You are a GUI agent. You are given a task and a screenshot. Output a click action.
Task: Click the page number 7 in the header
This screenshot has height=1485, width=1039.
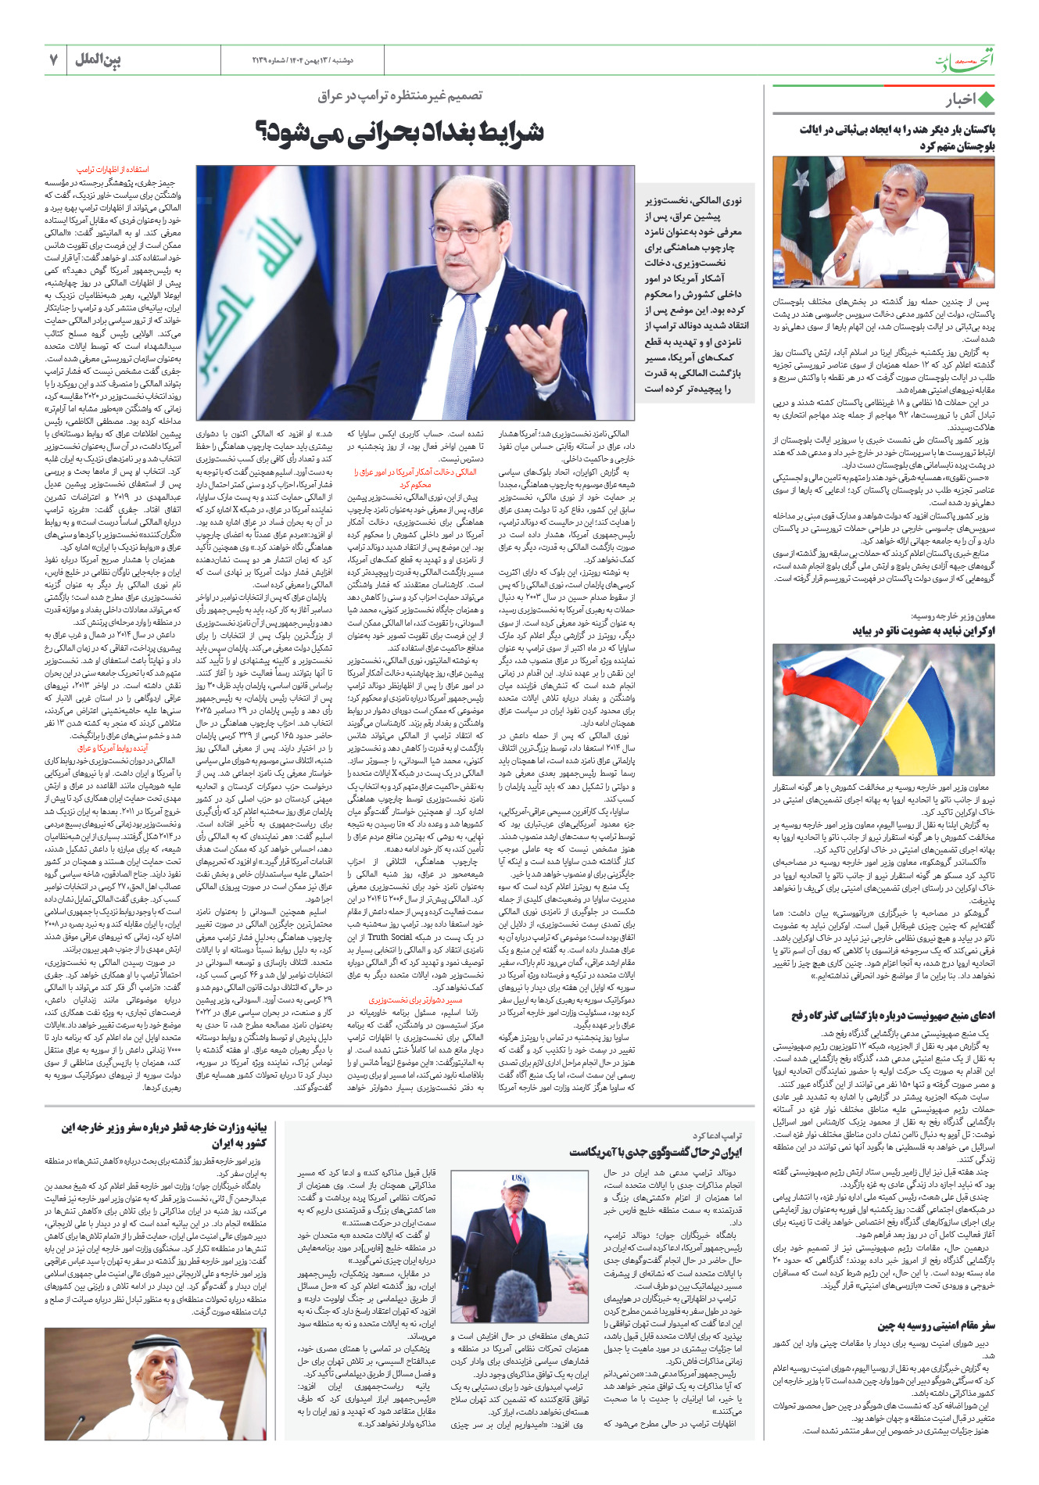pos(53,59)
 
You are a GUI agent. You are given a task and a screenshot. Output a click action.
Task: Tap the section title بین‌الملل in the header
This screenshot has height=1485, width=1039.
pos(98,59)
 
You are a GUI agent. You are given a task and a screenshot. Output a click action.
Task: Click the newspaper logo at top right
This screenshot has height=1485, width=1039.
pos(966,61)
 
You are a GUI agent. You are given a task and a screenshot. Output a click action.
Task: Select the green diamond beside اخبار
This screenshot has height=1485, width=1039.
pos(987,100)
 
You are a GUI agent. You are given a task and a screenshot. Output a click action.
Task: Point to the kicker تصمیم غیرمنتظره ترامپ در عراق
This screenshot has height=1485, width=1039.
pos(400,95)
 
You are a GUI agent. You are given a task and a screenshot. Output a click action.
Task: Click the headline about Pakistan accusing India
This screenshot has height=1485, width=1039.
pos(896,138)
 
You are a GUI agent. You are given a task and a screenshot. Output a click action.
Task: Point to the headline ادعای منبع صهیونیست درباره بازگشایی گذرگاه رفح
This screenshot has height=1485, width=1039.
pos(893,1016)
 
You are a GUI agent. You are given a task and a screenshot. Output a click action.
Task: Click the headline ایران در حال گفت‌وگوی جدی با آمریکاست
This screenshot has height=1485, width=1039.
pos(655,1152)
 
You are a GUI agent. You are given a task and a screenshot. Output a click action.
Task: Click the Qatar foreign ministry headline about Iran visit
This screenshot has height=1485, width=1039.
pos(164,1135)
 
